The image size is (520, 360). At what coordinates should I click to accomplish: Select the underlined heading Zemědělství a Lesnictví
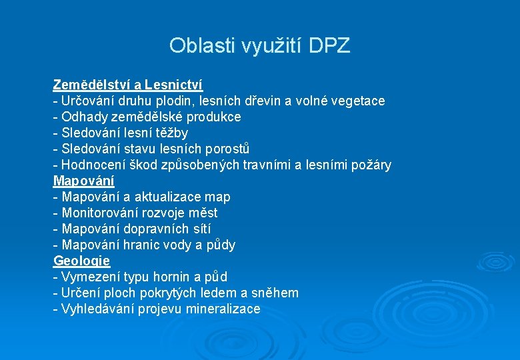127,85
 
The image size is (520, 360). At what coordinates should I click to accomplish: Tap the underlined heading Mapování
83,181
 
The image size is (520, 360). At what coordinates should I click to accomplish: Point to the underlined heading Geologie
81,261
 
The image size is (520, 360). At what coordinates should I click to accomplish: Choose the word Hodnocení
94,165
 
